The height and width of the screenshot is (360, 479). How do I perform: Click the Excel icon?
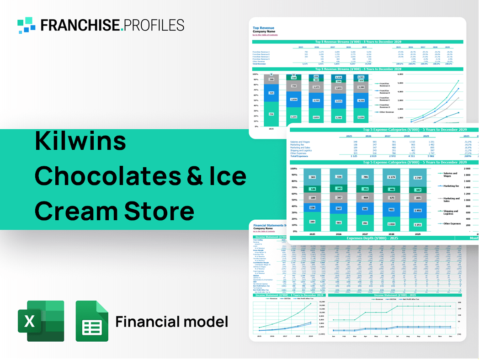[40, 321]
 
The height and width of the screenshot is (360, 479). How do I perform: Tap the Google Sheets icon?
[92, 321]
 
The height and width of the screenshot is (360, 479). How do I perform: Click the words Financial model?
[171, 322]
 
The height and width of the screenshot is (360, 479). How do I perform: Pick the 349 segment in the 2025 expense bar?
[312, 222]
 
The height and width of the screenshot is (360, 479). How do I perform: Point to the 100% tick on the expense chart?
[293, 169]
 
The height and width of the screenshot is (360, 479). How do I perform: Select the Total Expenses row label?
[300, 156]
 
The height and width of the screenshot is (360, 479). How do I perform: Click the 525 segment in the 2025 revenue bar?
[271, 93]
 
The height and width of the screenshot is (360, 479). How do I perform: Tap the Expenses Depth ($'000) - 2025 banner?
[372, 238]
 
